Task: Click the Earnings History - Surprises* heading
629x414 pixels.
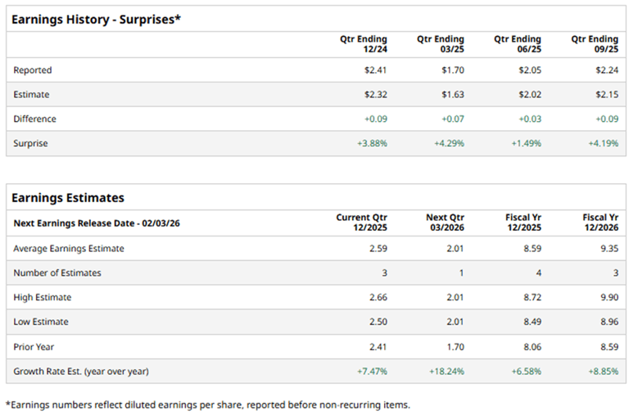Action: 97,19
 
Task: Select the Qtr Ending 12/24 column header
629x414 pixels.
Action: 364,44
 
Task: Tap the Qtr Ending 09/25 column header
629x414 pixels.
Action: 595,44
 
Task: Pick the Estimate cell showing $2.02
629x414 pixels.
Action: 531,95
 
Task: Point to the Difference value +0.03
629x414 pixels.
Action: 530,119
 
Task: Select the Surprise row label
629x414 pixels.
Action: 30,144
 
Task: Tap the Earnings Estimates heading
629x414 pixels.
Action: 68,197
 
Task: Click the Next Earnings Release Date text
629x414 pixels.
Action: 97,223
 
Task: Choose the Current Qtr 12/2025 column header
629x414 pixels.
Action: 361,223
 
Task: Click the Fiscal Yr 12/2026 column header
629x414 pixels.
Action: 595,223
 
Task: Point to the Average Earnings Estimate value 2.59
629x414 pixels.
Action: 378,249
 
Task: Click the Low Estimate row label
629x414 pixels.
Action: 41,322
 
